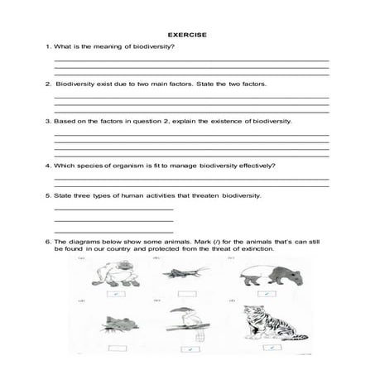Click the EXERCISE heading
[187, 35]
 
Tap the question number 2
[47, 84]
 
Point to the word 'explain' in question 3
[194, 121]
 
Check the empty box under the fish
[109, 348]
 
